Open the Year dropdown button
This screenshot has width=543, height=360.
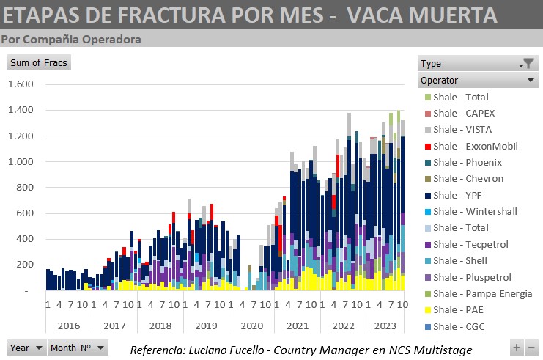point(26,348)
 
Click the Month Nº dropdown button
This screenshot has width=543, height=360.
point(78,348)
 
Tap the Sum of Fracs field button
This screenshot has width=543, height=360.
point(38,63)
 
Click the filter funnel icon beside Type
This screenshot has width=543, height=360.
point(527,64)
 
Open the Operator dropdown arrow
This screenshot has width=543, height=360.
point(531,80)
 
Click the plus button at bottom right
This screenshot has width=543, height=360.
point(517,348)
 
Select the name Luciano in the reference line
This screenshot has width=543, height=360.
point(214,349)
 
